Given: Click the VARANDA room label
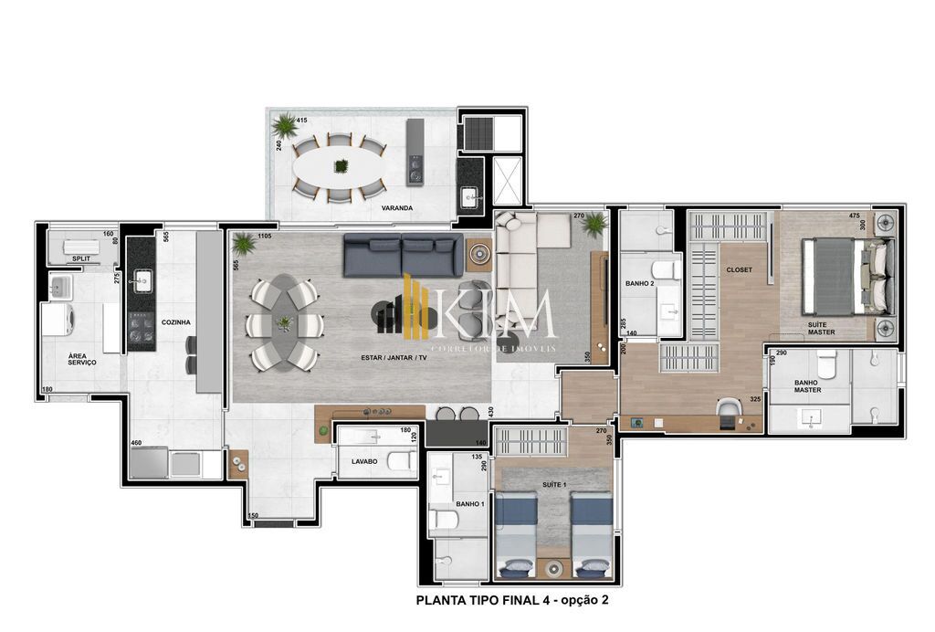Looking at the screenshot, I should (x=397, y=208).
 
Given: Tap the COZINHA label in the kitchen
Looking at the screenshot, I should (x=175, y=321).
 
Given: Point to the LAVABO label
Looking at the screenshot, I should (x=364, y=461).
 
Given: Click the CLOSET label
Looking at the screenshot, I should (x=739, y=270).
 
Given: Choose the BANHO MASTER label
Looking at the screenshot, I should (x=807, y=385).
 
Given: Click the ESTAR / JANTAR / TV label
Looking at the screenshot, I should (x=394, y=357).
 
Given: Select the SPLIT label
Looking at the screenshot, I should (x=82, y=259).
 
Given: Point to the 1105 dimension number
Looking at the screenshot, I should (x=266, y=236).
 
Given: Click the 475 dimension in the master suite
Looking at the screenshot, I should (x=854, y=216).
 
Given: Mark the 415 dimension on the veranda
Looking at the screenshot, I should (x=301, y=121).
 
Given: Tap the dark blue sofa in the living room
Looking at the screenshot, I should (x=403, y=256).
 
